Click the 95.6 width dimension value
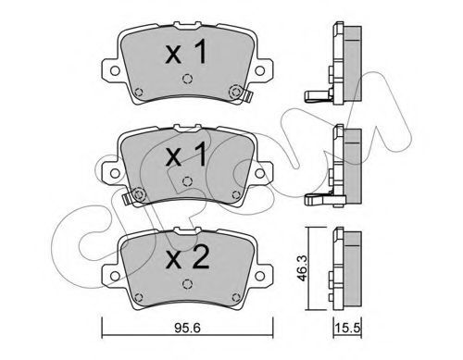tap(187, 329)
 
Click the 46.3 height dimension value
tap(302, 268)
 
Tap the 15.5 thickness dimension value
tap(347, 329)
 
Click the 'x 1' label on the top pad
tap(186, 53)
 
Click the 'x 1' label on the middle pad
tap(186, 155)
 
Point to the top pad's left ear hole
tap(115, 70)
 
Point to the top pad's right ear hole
tap(260, 70)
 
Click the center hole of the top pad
tap(187, 79)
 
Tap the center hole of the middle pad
tap(187, 181)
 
